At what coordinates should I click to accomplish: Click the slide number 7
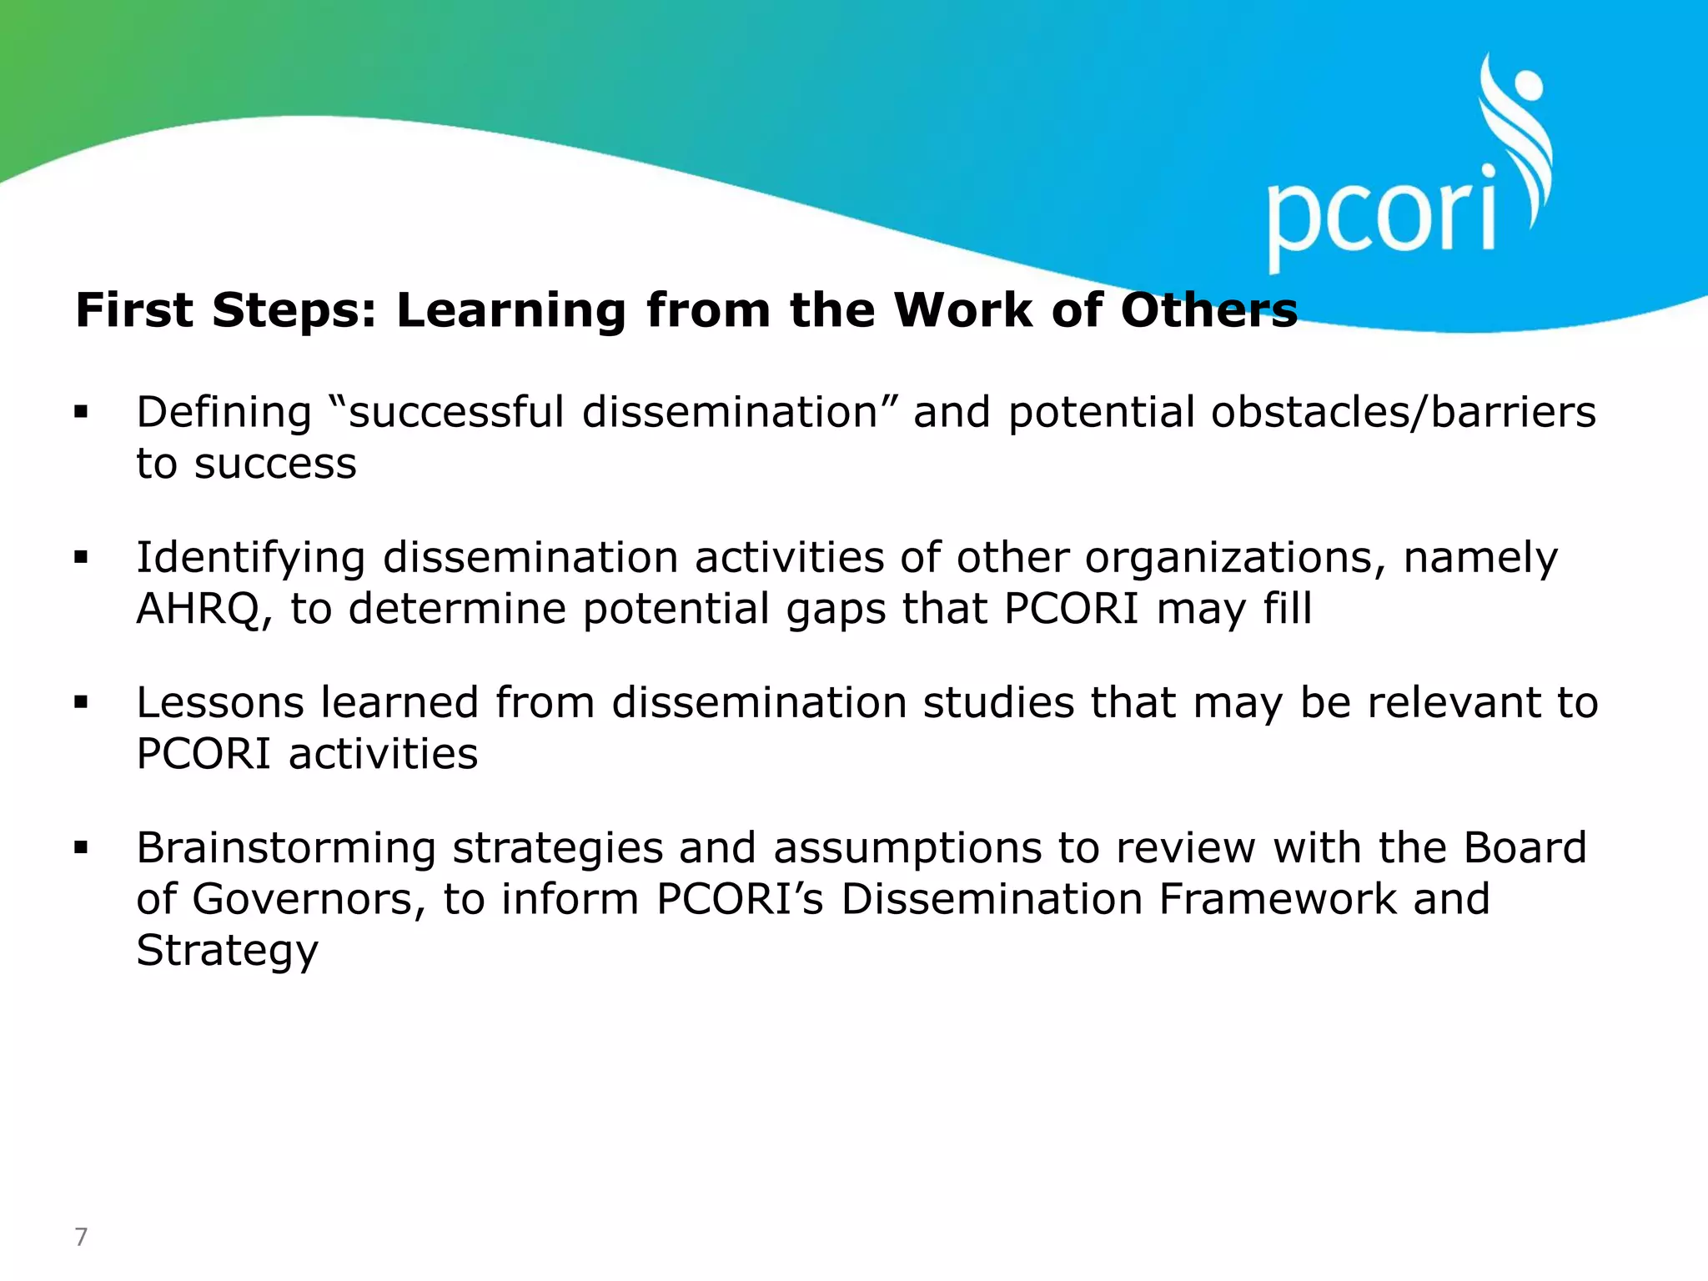pyautogui.click(x=81, y=1237)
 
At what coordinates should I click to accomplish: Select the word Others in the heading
pyautogui.click(x=1208, y=310)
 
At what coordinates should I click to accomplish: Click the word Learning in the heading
pyautogui.click(x=510, y=312)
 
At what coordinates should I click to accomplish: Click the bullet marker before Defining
pyautogui.click(x=81, y=411)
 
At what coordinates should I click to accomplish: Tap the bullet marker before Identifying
pyautogui.click(x=81, y=556)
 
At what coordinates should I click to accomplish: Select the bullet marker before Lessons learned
pyautogui.click(x=81, y=702)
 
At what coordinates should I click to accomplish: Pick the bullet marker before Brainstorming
pyautogui.click(x=81, y=848)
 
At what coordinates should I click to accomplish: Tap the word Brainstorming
pyautogui.click(x=286, y=849)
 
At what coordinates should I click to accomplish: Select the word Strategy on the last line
pyautogui.click(x=227, y=952)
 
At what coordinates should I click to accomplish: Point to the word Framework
pyautogui.click(x=1277, y=899)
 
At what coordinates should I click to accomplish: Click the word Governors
pyautogui.click(x=309, y=900)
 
